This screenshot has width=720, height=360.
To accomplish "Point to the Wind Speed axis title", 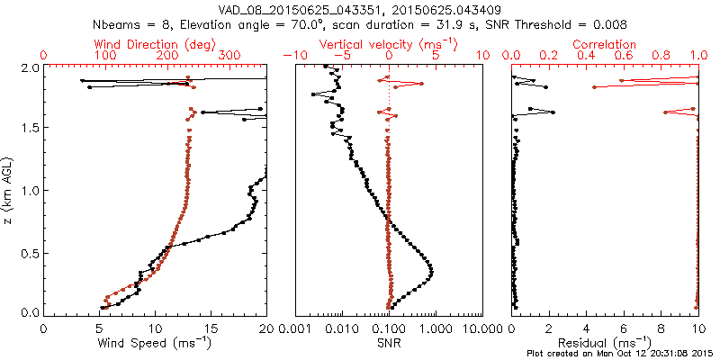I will click(x=156, y=342).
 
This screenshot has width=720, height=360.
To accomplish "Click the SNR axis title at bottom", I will click(x=389, y=342).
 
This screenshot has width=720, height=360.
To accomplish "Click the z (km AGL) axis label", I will click(x=9, y=191).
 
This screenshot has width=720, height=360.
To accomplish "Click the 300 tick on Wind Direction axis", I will click(x=230, y=56).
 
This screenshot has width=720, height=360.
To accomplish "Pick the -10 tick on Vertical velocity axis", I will click(x=293, y=56).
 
